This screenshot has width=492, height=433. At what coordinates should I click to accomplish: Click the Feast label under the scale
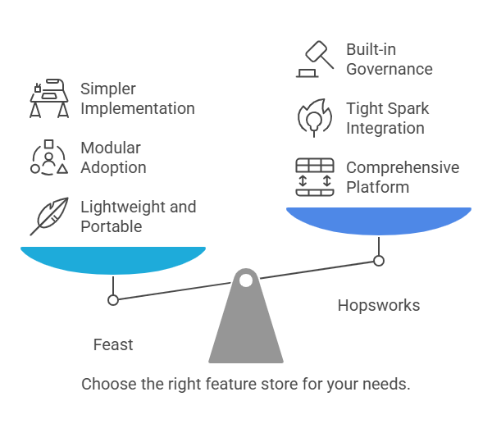[113, 344]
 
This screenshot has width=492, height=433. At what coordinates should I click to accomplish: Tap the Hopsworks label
[379, 305]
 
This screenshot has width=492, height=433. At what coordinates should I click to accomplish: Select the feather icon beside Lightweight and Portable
[49, 216]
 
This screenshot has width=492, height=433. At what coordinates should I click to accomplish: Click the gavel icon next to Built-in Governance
[315, 59]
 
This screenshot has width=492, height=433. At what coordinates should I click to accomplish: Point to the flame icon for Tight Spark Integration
[315, 118]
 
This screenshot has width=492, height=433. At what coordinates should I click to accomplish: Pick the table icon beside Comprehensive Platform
[315, 177]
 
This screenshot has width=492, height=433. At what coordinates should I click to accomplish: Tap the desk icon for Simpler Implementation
[49, 98]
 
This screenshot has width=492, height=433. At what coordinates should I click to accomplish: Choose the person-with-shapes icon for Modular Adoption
[49, 157]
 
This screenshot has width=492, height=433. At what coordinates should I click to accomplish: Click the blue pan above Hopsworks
[379, 221]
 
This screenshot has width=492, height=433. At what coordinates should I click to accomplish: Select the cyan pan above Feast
[113, 260]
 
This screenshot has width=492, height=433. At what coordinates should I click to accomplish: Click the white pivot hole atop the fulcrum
[246, 280]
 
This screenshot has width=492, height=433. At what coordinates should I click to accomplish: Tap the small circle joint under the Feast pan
[113, 300]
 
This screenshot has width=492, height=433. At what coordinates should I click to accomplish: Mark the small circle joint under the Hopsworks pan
[379, 261]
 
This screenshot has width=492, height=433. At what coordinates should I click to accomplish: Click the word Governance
[389, 70]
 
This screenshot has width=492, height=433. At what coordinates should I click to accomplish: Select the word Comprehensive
[403, 168]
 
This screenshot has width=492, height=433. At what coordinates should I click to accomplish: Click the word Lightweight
[123, 207]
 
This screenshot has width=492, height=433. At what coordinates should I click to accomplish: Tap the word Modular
[111, 148]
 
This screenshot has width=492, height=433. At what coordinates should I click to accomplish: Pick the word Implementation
[138, 109]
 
